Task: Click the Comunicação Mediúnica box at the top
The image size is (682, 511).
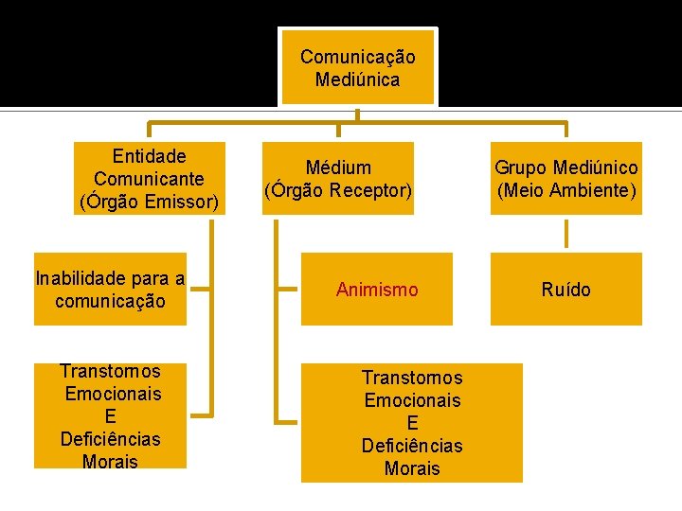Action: click(357, 67)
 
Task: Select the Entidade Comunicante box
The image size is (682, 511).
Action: click(150, 179)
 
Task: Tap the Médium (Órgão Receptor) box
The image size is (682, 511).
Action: click(338, 179)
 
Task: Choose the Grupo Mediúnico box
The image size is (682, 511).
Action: click(565, 179)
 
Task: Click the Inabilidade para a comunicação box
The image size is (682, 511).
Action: click(110, 290)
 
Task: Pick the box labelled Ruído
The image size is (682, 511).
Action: click(565, 290)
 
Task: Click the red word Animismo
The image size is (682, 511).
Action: click(377, 290)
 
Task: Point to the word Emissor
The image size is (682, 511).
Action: click(181, 202)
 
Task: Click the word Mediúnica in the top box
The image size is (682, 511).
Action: click(357, 79)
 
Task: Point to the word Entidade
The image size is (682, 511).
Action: click(150, 156)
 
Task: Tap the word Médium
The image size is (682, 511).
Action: click(338, 167)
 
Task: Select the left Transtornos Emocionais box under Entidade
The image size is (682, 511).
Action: click(110, 415)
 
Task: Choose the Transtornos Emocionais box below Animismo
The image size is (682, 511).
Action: click(412, 422)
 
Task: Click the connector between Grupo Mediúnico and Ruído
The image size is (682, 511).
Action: click(566, 234)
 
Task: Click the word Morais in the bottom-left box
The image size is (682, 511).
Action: click(110, 462)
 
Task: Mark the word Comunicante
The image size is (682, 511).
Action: click(150, 179)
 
